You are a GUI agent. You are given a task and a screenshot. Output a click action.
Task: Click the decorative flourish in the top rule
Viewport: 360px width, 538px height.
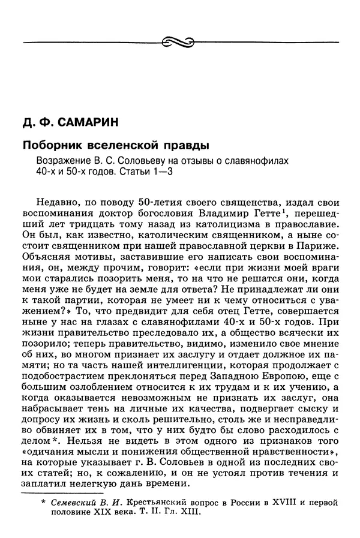point(179,41)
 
